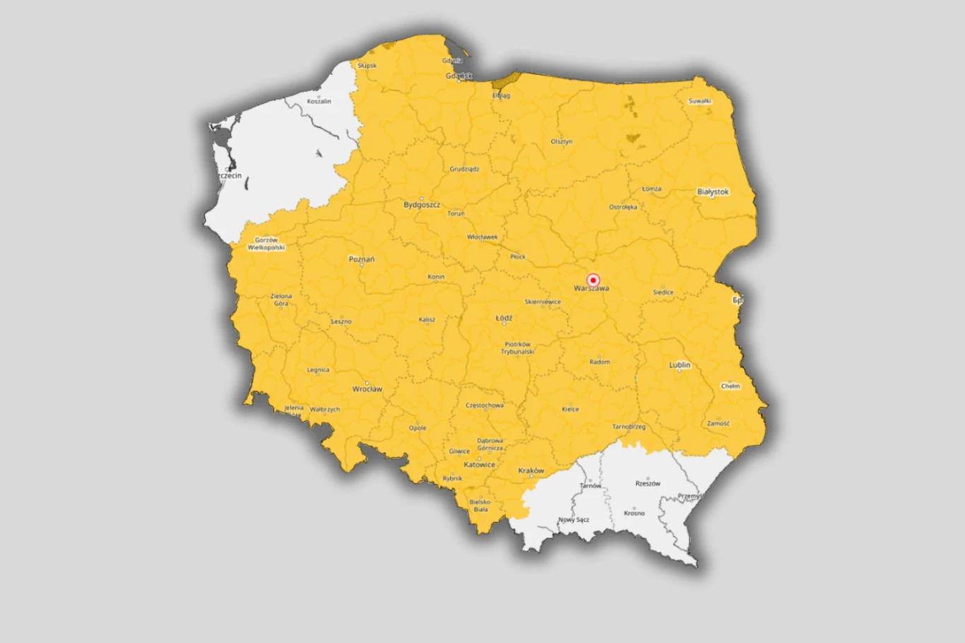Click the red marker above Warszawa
point(593,280)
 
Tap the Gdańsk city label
point(458,76)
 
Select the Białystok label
point(712,191)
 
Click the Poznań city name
point(362,259)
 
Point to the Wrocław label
point(367,389)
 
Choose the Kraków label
point(531,471)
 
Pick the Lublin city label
point(680,365)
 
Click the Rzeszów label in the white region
point(648,484)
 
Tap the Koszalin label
point(319,102)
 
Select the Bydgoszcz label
point(422,205)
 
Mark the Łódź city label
point(504,318)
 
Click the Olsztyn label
point(562,141)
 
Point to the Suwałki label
point(699,101)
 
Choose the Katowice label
point(480,465)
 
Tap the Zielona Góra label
point(281,300)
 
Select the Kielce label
point(570,409)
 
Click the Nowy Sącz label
point(574,520)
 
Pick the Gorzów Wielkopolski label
point(266,244)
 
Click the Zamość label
point(718,424)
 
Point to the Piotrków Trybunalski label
point(518,348)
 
